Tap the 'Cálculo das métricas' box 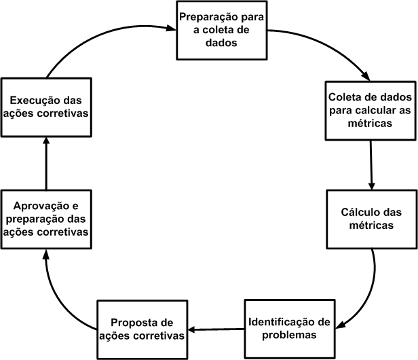(368, 219)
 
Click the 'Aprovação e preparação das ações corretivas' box (46, 219)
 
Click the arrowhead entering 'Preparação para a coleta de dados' (170, 29)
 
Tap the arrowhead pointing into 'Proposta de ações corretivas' (192, 330)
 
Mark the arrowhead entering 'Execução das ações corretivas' (46, 140)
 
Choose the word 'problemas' (288, 335)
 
